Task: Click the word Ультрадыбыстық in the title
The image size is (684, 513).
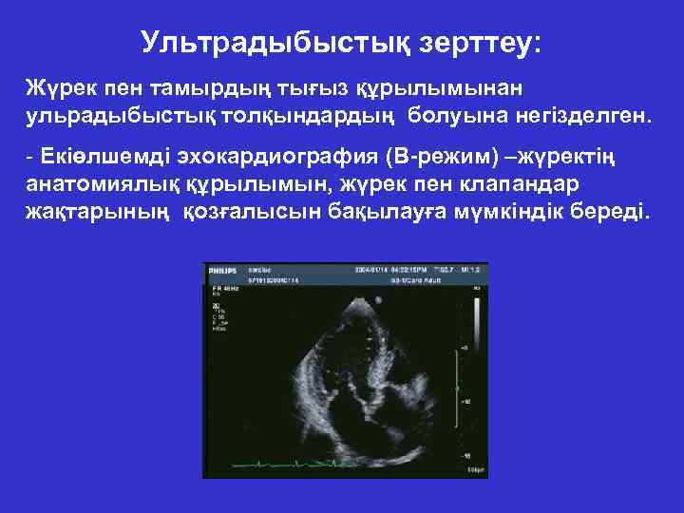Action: (250, 42)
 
